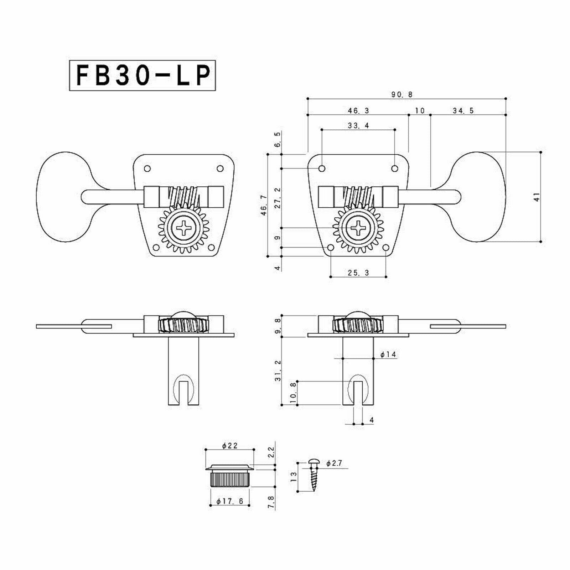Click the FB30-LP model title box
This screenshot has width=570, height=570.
click(x=142, y=76)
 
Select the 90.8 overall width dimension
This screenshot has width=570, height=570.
click(x=402, y=94)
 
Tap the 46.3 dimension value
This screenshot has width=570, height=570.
click(x=358, y=111)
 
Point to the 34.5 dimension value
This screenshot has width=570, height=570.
click(x=463, y=111)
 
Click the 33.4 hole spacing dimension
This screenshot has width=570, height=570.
click(x=358, y=125)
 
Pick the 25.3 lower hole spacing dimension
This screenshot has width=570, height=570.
click(x=358, y=273)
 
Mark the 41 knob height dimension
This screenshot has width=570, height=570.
click(x=537, y=197)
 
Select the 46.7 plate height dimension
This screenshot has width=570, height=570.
click(x=264, y=205)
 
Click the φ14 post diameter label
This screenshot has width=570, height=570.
click(x=388, y=354)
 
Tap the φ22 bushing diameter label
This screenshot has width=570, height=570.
click(x=230, y=446)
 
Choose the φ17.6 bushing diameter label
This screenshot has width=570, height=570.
click(x=230, y=501)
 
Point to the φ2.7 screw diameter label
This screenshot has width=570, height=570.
click(x=334, y=463)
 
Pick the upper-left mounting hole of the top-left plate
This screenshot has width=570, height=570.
click(x=147, y=168)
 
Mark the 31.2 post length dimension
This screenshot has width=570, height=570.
click(x=278, y=371)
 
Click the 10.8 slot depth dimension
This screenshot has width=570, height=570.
click(x=294, y=393)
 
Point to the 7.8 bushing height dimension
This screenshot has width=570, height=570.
click(x=271, y=502)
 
